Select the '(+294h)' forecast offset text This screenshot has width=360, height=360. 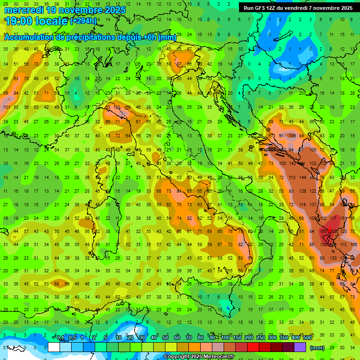click(83, 21)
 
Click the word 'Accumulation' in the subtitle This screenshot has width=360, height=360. click(29, 37)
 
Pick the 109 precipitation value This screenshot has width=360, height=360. click(292, 136)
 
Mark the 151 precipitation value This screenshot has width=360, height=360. click(345, 218)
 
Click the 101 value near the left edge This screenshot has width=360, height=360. click(6, 107)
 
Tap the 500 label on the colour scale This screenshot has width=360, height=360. click(307, 338)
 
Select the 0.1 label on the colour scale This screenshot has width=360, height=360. click(60, 338)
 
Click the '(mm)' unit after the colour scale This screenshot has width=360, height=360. click(317, 348)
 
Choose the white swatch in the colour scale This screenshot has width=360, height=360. click(54, 347)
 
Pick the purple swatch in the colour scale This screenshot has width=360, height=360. click(300, 347)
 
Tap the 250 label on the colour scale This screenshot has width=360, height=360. click(260, 338)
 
